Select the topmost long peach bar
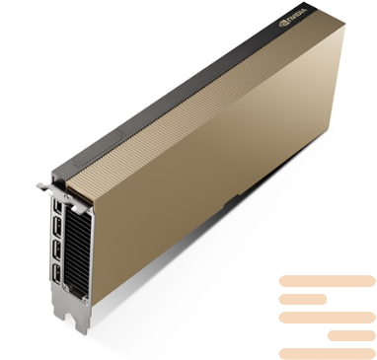[327, 281]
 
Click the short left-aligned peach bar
[302, 299]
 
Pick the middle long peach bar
[327, 317]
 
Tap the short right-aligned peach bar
[351, 335]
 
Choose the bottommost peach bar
[327, 353]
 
